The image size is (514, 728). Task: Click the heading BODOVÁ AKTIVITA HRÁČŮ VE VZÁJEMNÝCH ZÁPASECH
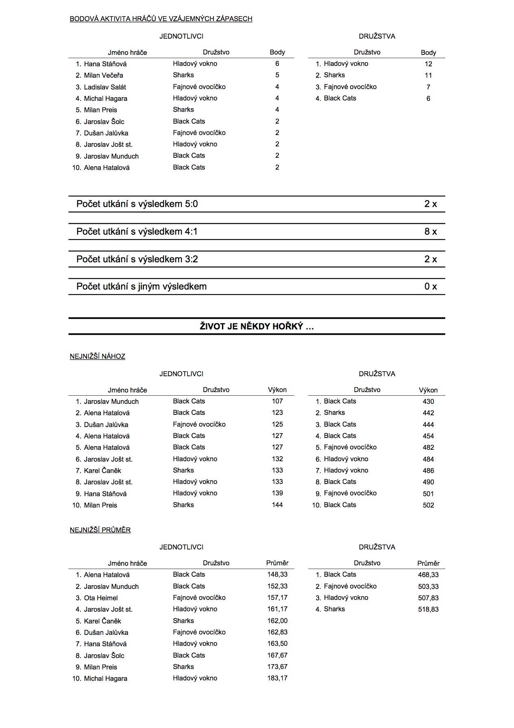tap(161, 19)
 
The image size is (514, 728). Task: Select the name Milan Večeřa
tap(103, 75)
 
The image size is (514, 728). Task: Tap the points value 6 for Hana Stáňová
tap(277, 63)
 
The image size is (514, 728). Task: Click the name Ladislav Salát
tap(105, 87)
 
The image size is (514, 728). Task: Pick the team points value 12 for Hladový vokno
tap(428, 64)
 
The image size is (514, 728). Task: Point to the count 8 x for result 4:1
tap(431, 231)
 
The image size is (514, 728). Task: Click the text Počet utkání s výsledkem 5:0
tap(137, 204)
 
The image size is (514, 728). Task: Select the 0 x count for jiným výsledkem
tap(431, 286)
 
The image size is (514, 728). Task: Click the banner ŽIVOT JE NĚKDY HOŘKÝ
tap(257, 326)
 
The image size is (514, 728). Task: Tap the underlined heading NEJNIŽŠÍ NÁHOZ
tap(98, 356)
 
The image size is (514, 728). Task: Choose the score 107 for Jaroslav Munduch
tap(277, 401)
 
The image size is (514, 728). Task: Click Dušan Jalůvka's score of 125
tap(277, 424)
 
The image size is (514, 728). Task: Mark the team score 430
tap(428, 401)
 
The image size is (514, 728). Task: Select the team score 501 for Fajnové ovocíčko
tap(428, 494)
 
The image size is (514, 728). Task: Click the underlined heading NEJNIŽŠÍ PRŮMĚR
tap(100, 530)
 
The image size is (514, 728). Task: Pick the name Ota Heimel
tap(101, 598)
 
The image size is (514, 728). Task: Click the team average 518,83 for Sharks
tap(428, 609)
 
